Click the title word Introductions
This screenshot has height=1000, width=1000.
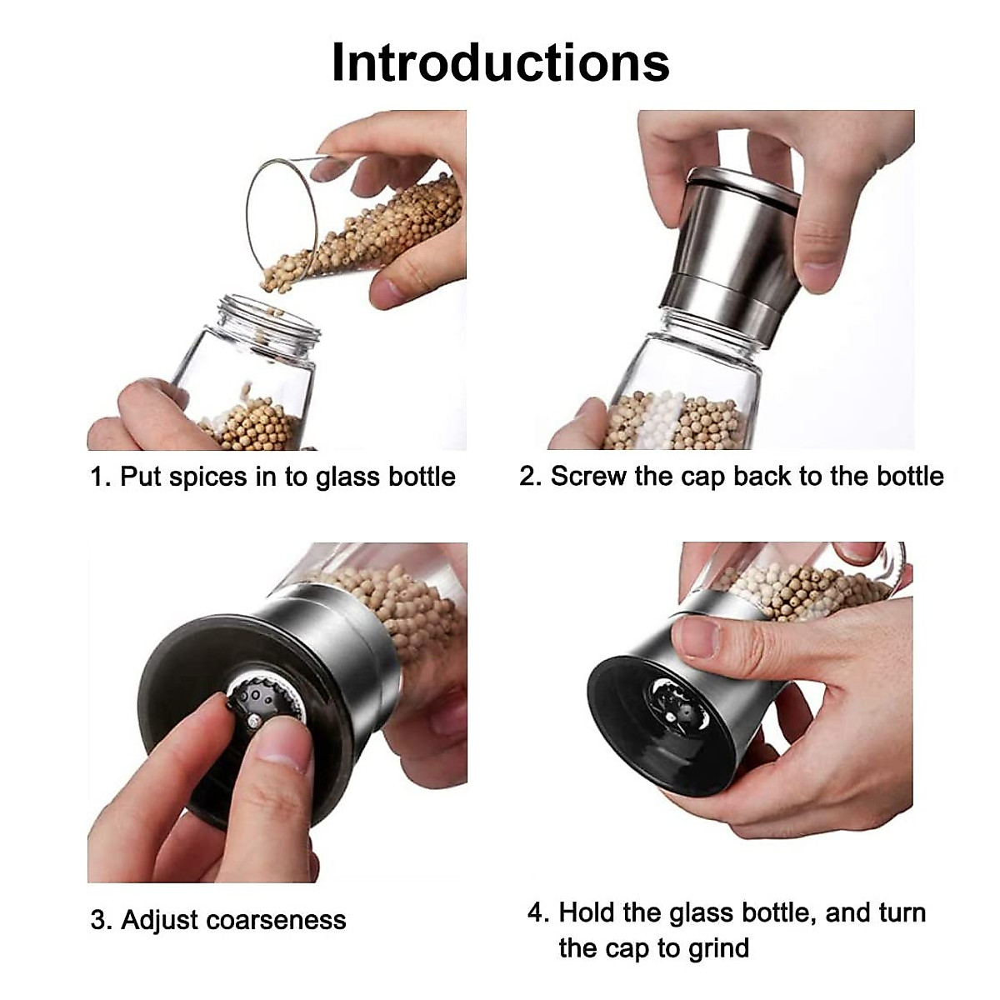click(500, 62)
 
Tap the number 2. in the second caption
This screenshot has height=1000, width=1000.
click(531, 477)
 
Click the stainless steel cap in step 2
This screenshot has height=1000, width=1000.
click(733, 250)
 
